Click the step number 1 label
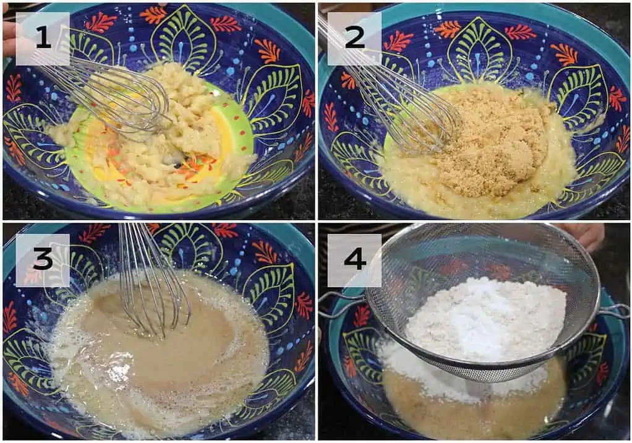coord(43,39)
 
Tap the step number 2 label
coord(354,39)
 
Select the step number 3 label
coord(43,260)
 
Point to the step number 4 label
coord(354,260)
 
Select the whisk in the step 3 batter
coord(155,282)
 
